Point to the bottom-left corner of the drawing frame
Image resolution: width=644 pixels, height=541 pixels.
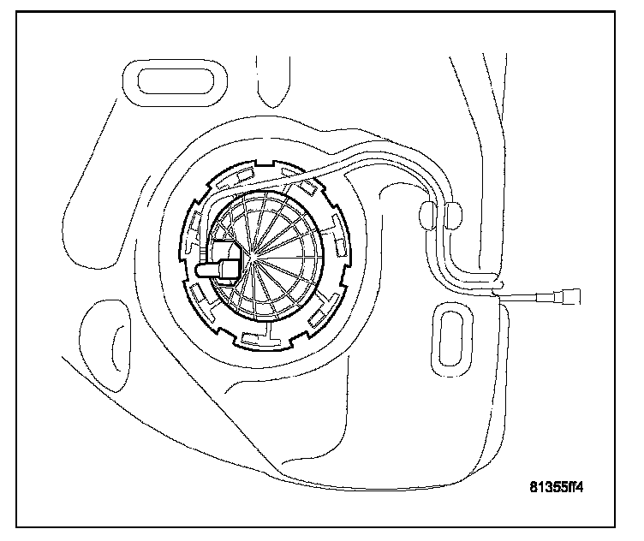tap(18, 525)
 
